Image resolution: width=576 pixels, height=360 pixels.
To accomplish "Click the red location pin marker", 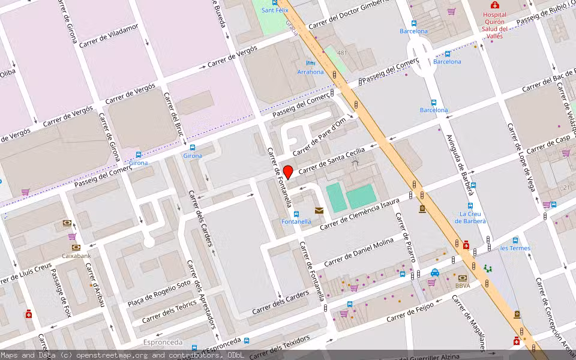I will [288, 172].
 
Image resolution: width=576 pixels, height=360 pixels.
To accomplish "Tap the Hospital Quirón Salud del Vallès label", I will [495, 25].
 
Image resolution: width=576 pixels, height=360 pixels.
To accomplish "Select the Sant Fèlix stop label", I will [276, 10].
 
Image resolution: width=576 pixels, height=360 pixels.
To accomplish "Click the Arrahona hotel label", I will [310, 72].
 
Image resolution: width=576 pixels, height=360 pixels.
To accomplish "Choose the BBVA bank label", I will [463, 286].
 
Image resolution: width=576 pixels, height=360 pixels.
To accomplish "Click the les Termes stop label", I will [515, 248].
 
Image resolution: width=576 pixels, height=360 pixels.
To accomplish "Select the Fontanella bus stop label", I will [296, 221].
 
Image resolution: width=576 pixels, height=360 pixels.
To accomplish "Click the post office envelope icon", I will [319, 210].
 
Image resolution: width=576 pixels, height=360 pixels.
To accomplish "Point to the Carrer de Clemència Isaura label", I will [359, 215].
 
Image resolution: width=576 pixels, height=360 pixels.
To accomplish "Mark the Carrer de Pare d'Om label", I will [320, 139].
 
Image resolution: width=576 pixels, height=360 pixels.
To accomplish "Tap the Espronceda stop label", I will [163, 342].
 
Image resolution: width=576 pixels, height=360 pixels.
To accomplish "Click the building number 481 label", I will [342, 53].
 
